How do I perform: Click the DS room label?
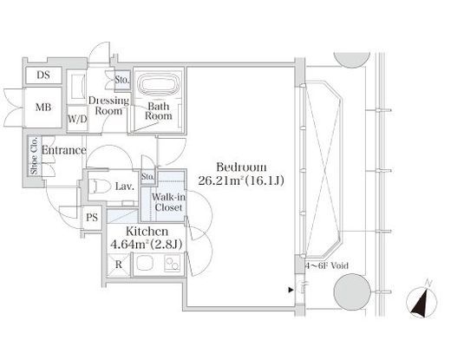(x=43, y=75)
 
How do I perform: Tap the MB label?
(x=43, y=108)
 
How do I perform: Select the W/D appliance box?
(x=77, y=119)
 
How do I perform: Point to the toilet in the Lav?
(x=100, y=186)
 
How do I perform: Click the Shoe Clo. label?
(x=35, y=156)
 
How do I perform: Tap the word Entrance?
(x=64, y=150)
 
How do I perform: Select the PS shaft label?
(x=92, y=218)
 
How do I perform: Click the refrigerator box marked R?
(x=119, y=265)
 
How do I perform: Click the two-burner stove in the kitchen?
(x=173, y=264)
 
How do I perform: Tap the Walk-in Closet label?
(x=168, y=202)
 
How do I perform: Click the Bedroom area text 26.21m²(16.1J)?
(x=241, y=181)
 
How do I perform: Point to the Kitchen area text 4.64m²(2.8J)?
(x=147, y=245)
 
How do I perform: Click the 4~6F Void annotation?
(x=327, y=265)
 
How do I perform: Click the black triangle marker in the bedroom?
(x=291, y=290)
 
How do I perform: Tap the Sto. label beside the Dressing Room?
(x=122, y=80)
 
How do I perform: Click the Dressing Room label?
(x=108, y=105)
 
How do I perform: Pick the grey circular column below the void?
(x=352, y=291)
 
